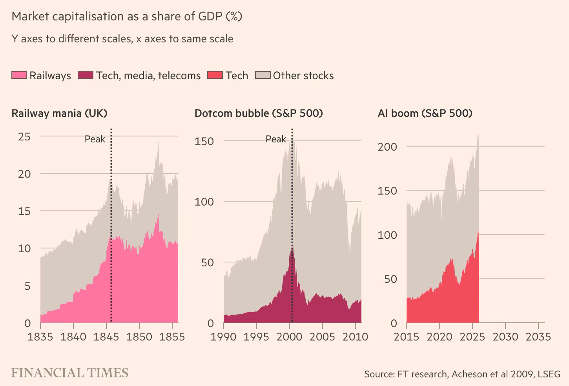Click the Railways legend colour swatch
(x=19, y=75)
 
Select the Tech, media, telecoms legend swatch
(x=86, y=75)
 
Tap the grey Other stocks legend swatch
(x=263, y=75)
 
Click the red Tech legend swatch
(x=215, y=75)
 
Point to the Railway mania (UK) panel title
(x=59, y=113)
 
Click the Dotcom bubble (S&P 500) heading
(x=259, y=113)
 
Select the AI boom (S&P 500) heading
(x=425, y=113)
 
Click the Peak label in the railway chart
(x=95, y=139)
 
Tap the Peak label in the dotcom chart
(x=276, y=139)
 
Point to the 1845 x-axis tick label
(x=106, y=337)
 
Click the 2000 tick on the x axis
(x=289, y=337)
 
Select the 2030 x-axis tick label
(x=505, y=337)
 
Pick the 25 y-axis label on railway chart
(x=24, y=137)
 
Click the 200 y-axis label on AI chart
(x=387, y=147)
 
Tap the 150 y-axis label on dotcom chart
(x=204, y=141)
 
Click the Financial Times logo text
(x=70, y=373)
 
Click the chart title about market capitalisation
(x=127, y=16)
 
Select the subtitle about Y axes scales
(x=122, y=39)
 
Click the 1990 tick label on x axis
(x=223, y=337)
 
